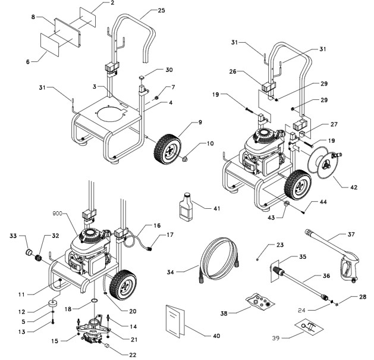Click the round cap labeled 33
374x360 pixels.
coord(27,245)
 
